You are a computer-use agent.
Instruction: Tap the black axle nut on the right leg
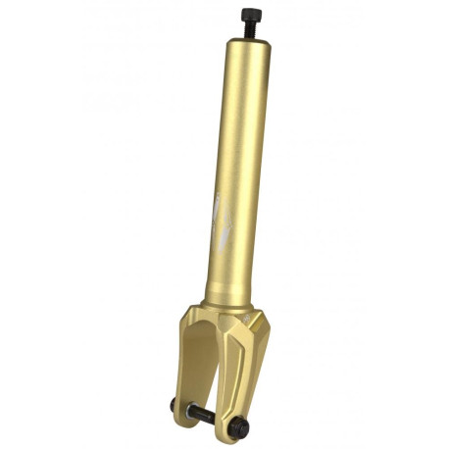(x=239, y=428)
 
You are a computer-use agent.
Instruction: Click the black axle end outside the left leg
(x=175, y=405)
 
